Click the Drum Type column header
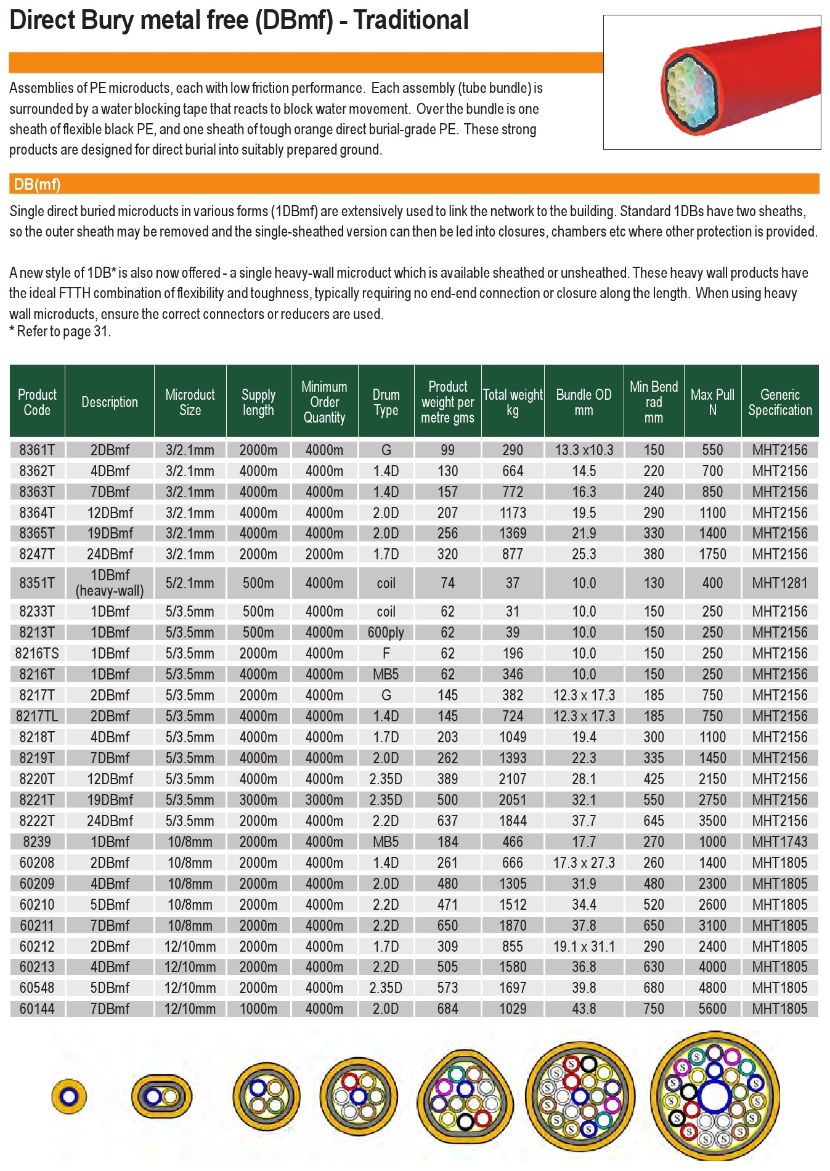[x=386, y=402]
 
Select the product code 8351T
[x=37, y=583]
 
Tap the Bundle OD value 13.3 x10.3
[x=584, y=450]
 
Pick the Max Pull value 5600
[x=712, y=1009]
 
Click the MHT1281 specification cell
[x=779, y=583]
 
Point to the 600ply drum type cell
[x=386, y=633]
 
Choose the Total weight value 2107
[x=513, y=779]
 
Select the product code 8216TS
[x=37, y=654]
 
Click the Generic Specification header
[x=779, y=402]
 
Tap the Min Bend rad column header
[x=653, y=402]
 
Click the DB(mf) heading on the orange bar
[x=37, y=184]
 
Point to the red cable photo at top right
[x=712, y=82]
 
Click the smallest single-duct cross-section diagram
[x=69, y=1096]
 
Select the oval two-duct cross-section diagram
[x=161, y=1096]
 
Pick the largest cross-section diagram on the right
[x=715, y=1096]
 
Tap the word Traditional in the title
[x=411, y=20]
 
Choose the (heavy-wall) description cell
[x=110, y=591]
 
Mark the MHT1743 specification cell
[x=779, y=842]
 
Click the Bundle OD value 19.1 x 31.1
[x=584, y=947]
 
